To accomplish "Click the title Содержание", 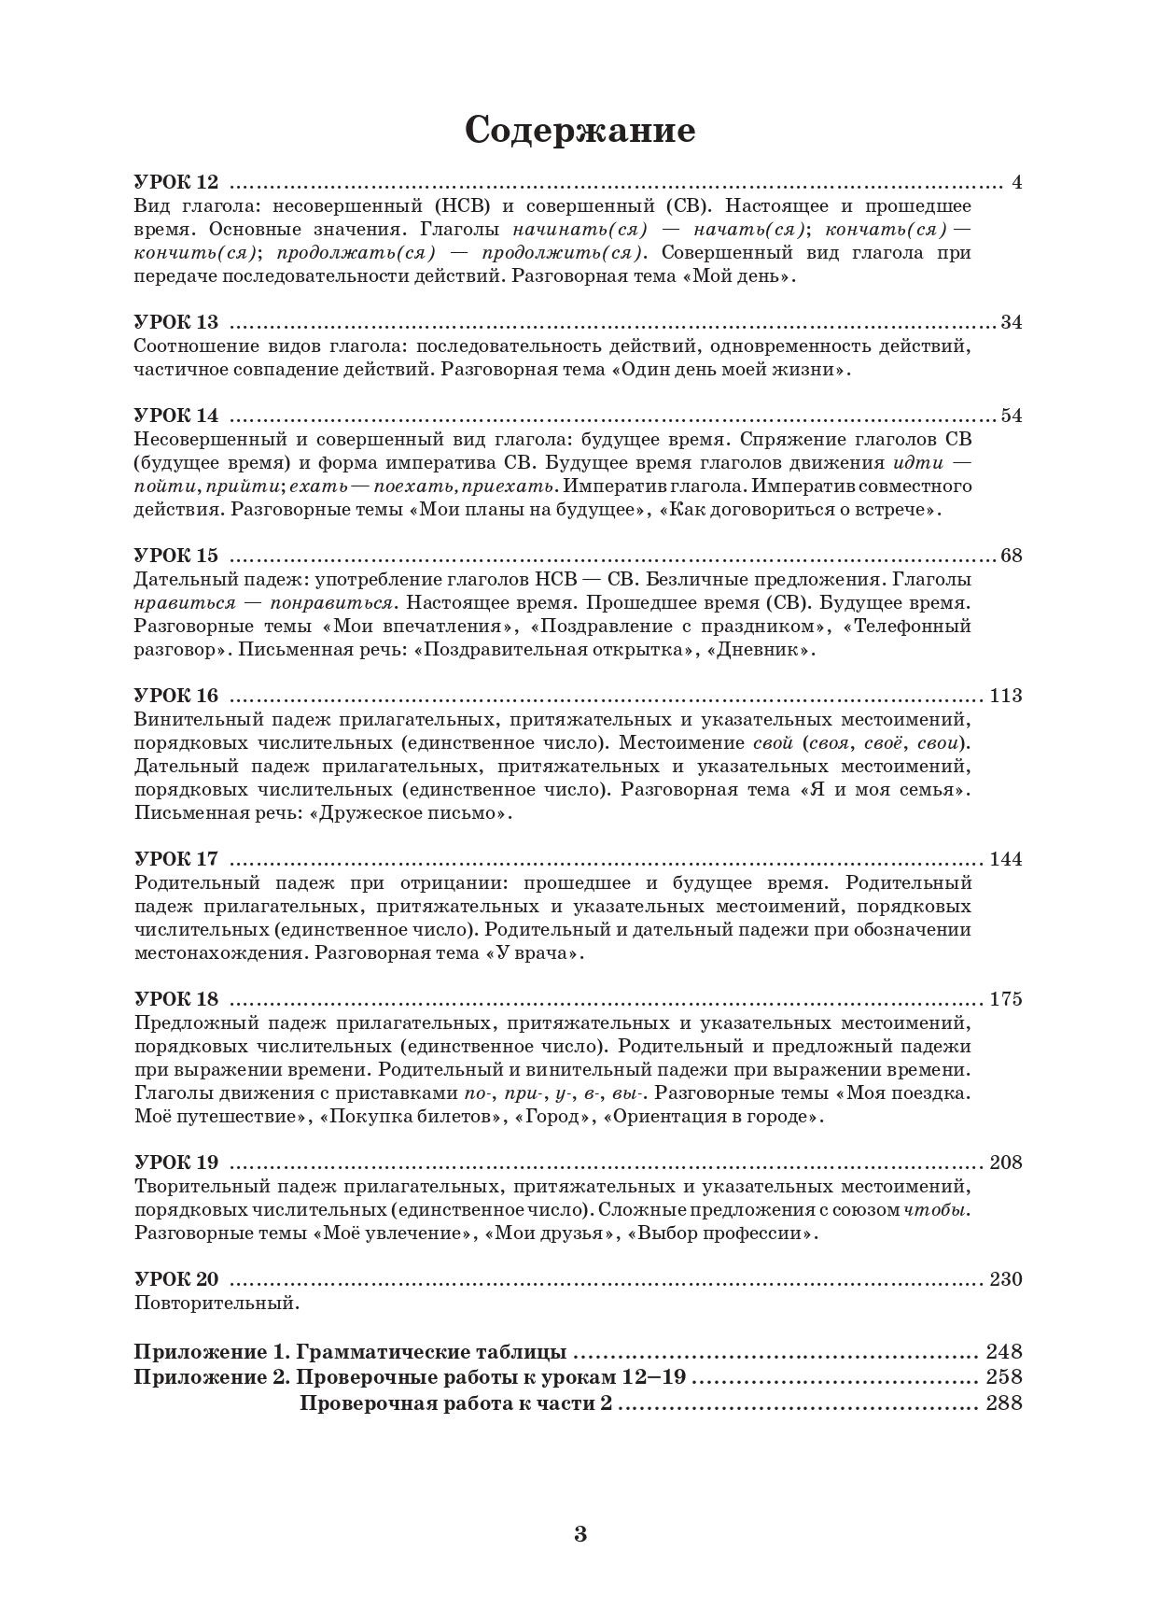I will point(579,131).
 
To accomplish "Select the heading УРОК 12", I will point(176,182).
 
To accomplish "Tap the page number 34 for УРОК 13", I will point(1011,322).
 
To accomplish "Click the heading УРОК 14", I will point(176,416).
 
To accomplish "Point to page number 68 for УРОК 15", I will point(1011,556).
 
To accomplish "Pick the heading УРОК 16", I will point(176,696).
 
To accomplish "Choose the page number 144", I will point(1006,859).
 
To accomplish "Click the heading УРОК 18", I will point(176,999).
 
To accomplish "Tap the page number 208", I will point(1006,1163).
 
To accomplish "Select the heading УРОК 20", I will point(176,1279).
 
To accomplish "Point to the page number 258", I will point(1004,1377).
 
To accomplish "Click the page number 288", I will point(1004,1403).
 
